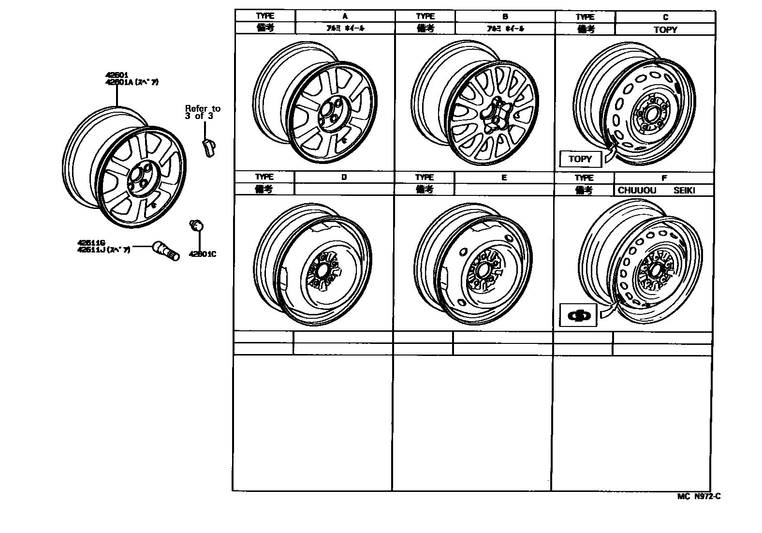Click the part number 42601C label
tap(202, 254)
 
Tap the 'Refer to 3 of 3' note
tap(202, 112)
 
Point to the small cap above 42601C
tap(197, 225)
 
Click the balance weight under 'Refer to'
tap(208, 147)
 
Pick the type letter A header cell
tap(345, 16)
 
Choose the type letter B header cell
tap(505, 16)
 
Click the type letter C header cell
tap(665, 17)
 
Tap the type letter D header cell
tap(344, 177)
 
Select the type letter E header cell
tap(504, 178)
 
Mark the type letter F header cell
tap(664, 178)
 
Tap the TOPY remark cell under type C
tap(665, 30)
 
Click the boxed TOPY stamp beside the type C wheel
tap(580, 159)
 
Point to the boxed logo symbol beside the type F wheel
tap(578, 315)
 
